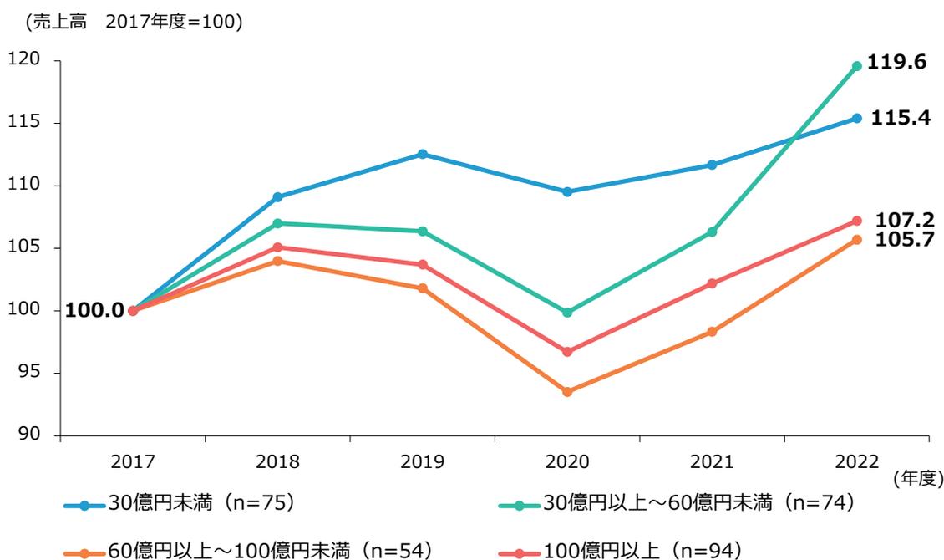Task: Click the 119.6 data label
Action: click(x=896, y=62)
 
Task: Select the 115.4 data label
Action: click(x=900, y=119)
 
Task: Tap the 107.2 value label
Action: click(x=904, y=221)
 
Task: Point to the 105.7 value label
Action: click(x=904, y=241)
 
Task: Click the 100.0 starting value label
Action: click(x=94, y=311)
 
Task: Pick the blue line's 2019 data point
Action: click(x=423, y=154)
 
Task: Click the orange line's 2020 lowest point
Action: click(x=567, y=391)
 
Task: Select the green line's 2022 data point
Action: click(x=856, y=66)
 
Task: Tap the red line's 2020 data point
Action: click(x=567, y=352)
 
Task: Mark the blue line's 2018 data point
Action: click(x=277, y=197)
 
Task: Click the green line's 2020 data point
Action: click(x=567, y=313)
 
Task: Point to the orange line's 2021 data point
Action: click(x=712, y=332)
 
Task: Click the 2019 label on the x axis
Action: click(x=423, y=461)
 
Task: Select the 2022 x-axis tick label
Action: click(x=856, y=461)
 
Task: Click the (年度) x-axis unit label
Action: click(x=918, y=479)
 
